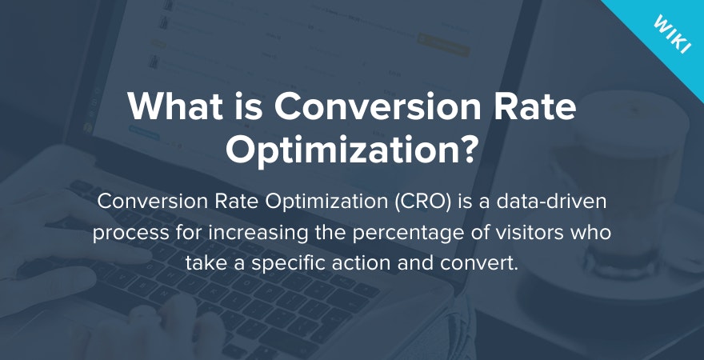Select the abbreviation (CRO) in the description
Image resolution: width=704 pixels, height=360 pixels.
coord(421,202)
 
